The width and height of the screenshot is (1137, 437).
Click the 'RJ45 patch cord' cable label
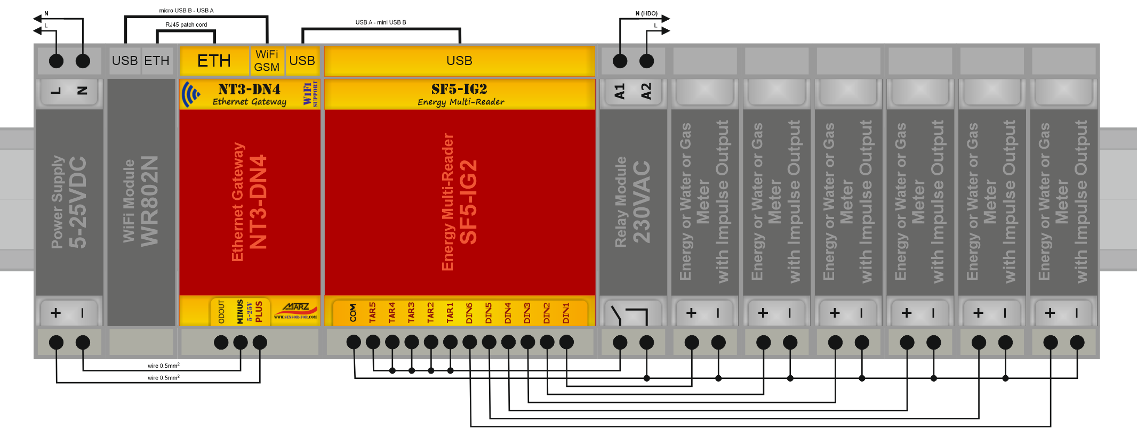186,25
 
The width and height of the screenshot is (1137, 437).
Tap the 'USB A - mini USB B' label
381,22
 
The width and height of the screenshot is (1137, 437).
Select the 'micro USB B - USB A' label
186,11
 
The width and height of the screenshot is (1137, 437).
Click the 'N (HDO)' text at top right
646,13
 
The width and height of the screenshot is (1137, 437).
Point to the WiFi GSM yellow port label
267,61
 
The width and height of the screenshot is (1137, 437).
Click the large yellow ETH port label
214,61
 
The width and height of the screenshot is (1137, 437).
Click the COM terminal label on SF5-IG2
353,313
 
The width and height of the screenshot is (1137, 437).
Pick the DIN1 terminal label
566,313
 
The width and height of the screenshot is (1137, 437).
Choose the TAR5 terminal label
372,313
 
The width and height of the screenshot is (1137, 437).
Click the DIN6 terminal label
469,313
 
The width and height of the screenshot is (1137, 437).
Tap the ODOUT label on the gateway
221,312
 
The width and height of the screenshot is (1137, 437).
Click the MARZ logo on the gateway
296,309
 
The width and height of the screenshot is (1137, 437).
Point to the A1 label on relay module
619,91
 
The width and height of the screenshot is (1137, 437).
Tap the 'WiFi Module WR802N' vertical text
141,201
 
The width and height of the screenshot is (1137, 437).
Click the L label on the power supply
55,91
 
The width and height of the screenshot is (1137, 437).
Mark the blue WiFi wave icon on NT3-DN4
190,94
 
